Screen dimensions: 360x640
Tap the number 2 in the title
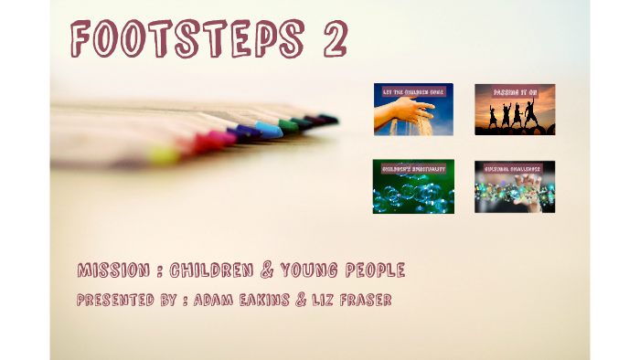[327, 40]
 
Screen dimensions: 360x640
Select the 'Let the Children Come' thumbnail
[413, 110]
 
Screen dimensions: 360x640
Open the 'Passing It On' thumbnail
[514, 110]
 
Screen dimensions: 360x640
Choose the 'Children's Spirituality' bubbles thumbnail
[413, 187]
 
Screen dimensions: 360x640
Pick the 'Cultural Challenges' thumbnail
[514, 187]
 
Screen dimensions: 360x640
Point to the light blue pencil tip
[269, 130]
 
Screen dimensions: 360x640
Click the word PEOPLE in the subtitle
[377, 270]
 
